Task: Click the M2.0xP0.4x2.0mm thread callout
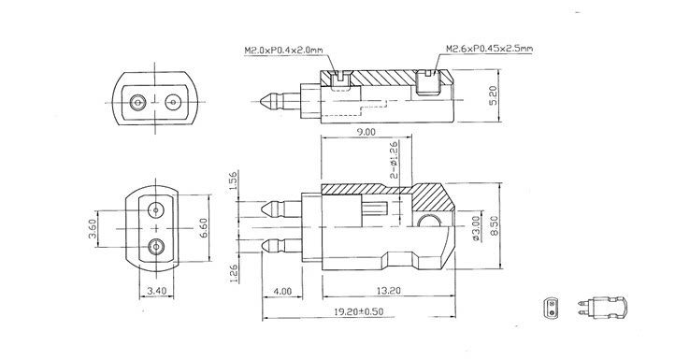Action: pos(283,50)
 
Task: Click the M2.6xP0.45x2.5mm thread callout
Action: pos(490,49)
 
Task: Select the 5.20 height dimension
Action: pos(493,95)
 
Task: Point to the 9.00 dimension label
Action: pos(366,132)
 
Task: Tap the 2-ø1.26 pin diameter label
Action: pos(394,160)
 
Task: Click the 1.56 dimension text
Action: pos(233,180)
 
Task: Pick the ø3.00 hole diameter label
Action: pos(476,227)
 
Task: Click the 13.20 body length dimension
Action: pos(388,291)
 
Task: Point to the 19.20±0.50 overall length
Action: pos(359,311)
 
